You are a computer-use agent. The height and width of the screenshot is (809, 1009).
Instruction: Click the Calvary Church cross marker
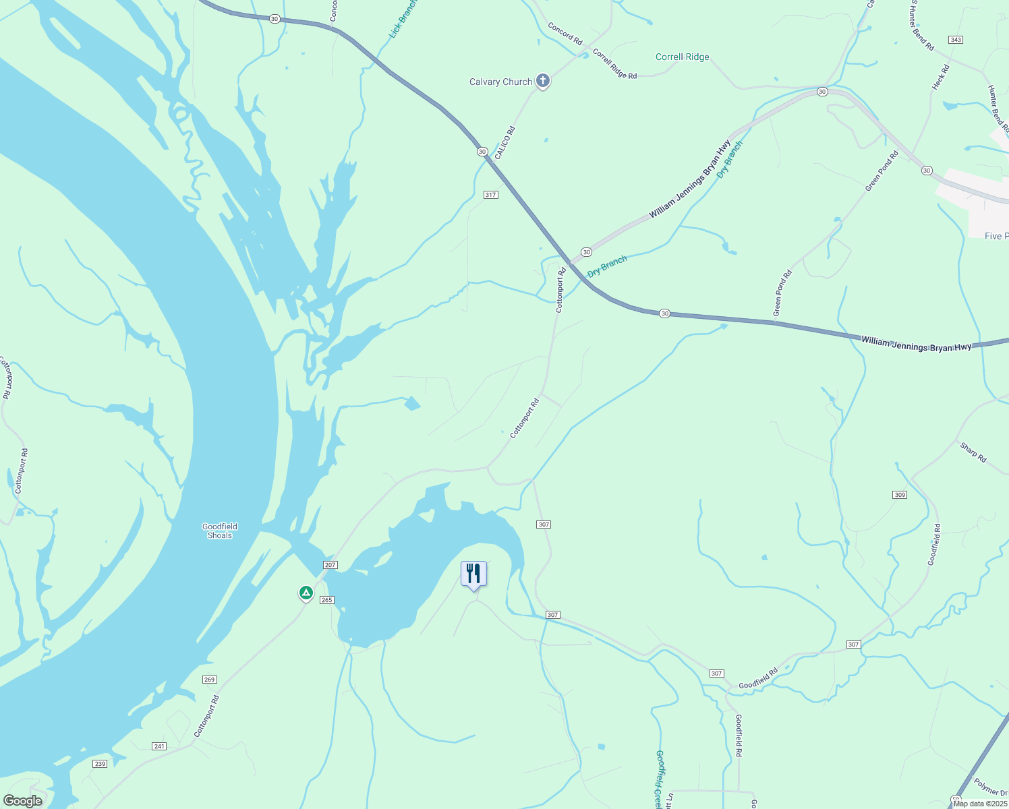pyautogui.click(x=542, y=81)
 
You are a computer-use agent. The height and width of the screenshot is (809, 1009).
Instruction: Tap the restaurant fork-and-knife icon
pyautogui.click(x=473, y=574)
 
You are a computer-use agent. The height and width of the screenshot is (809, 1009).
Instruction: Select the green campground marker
pyautogui.click(x=306, y=593)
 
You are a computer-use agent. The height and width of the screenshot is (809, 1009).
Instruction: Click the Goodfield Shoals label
pyautogui.click(x=220, y=531)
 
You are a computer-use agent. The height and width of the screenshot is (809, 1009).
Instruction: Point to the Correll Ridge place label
pyautogui.click(x=682, y=57)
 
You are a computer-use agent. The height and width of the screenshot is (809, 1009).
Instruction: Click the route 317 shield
pyautogui.click(x=490, y=195)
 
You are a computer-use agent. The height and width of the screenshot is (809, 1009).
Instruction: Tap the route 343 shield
pyautogui.click(x=955, y=40)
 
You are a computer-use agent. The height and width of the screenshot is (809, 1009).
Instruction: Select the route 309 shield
pyautogui.click(x=900, y=495)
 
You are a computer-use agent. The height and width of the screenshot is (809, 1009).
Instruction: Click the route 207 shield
pyautogui.click(x=330, y=565)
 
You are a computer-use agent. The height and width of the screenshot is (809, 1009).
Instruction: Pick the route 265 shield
pyautogui.click(x=326, y=600)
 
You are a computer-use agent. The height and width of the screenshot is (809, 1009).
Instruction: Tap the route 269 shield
pyautogui.click(x=209, y=680)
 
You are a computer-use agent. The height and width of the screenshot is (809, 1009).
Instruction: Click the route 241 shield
pyautogui.click(x=159, y=746)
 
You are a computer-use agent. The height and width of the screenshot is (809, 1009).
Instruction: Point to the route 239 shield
pyautogui.click(x=100, y=763)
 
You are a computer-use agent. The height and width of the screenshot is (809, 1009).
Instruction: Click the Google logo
pyautogui.click(x=22, y=801)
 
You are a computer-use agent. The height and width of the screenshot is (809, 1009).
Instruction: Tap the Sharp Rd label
pyautogui.click(x=973, y=452)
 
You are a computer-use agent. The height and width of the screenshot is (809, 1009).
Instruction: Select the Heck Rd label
pyautogui.click(x=940, y=78)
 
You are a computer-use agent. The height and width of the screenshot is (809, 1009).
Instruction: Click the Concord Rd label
pyautogui.click(x=565, y=34)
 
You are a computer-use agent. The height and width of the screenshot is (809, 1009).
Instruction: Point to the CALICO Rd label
pyautogui.click(x=504, y=143)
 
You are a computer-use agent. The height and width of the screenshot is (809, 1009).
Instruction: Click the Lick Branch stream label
pyautogui.click(x=403, y=18)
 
